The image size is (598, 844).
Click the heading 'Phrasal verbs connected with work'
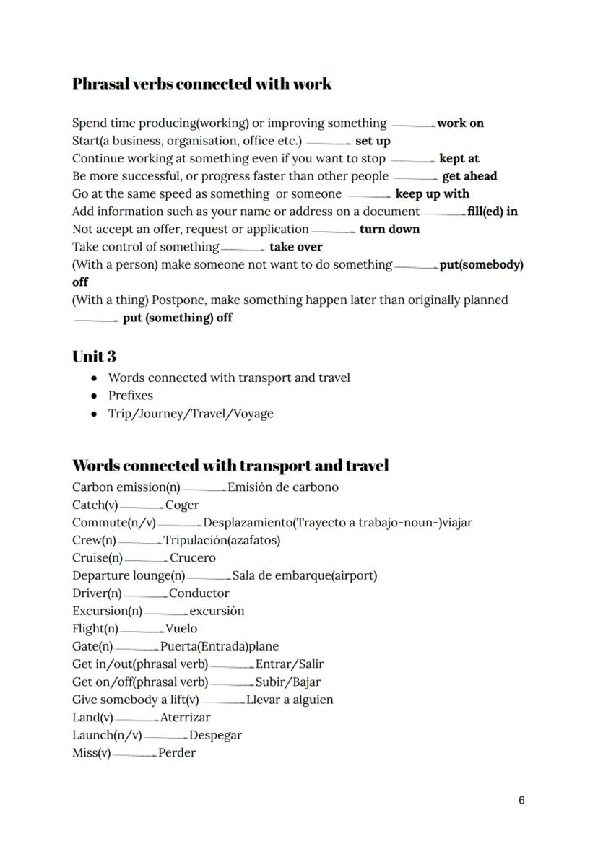[201, 84]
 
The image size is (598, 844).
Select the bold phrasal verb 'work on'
[460, 123]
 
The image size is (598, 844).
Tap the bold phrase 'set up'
[373, 141]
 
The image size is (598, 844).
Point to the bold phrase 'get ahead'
[469, 176]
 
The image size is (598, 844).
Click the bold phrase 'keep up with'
[432, 194]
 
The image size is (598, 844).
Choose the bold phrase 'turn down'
[389, 230]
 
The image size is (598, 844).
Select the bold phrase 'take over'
[296, 247]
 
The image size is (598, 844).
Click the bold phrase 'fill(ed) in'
[493, 212]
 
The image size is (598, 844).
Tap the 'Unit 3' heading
[94, 357]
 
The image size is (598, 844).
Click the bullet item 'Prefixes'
[131, 396]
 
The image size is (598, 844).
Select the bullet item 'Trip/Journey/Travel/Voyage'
[191, 414]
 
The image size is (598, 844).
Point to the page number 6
[521, 801]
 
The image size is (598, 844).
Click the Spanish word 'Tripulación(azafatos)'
[222, 540]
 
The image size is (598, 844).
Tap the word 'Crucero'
[192, 558]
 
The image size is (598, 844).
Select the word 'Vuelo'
[181, 629]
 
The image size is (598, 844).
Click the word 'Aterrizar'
[186, 718]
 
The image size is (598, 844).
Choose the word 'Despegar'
[215, 736]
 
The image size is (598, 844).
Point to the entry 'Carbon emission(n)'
[126, 487]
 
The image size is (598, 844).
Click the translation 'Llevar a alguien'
[290, 700]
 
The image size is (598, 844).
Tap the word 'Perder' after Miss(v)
[177, 753]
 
